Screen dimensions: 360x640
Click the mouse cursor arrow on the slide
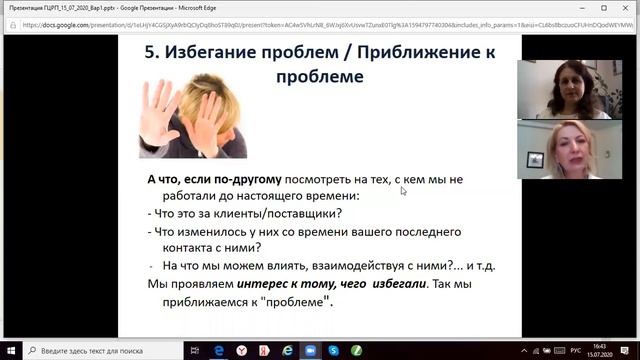point(403,190)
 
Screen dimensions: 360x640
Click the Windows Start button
point(10,351)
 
